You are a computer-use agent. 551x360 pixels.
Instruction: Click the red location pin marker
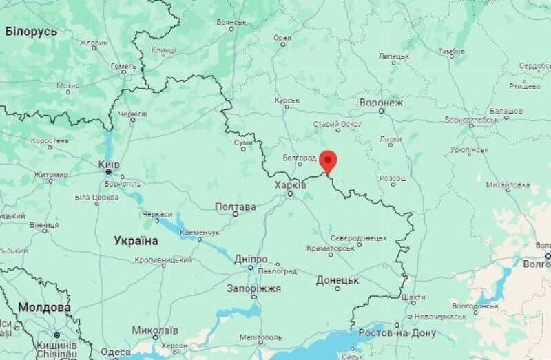[329, 160]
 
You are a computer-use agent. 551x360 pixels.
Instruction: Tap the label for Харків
[290, 185]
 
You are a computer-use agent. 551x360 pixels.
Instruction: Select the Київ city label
[109, 165]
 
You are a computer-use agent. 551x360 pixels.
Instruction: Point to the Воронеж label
[380, 103]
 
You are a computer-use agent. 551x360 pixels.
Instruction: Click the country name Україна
[136, 241]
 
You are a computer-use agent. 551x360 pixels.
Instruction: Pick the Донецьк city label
[337, 280]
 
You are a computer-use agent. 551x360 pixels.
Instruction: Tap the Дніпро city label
[251, 259]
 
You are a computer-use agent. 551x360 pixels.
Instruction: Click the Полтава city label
[236, 207]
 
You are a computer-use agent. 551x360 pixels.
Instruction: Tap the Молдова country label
[44, 307]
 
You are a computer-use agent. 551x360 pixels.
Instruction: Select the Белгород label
[300, 158]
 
